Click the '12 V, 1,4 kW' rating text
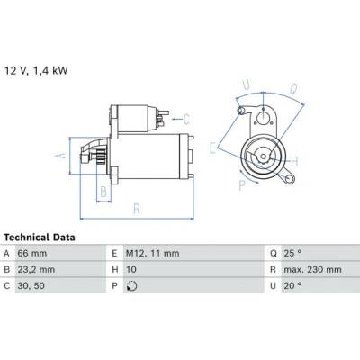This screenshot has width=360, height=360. (x=36, y=71)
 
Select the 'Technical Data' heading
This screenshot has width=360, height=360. (x=40, y=238)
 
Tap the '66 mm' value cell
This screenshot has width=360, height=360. (x=32, y=253)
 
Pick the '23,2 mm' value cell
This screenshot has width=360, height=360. (x=36, y=269)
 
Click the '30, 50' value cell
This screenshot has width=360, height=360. (x=31, y=285)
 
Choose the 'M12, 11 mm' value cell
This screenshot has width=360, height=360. (x=152, y=253)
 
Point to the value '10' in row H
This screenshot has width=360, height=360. (x=131, y=269)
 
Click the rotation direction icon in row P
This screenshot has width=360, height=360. (x=131, y=286)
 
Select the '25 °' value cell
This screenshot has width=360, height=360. (x=292, y=253)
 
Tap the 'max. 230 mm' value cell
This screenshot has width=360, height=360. (x=312, y=269)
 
